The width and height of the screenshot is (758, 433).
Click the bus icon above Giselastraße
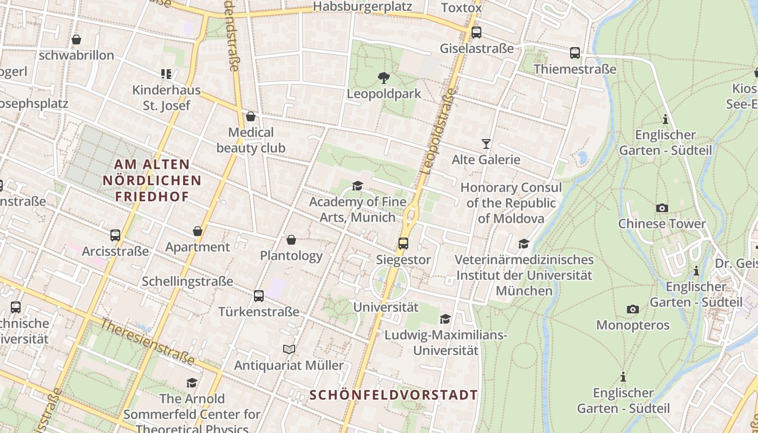[x=476, y=32]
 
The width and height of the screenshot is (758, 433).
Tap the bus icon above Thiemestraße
[x=575, y=53]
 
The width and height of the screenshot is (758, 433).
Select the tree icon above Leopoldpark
[x=384, y=78]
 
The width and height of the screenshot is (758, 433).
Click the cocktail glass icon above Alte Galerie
[x=486, y=144]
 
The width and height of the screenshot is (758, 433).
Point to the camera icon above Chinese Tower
[x=662, y=208]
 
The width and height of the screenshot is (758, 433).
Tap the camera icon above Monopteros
[x=632, y=310]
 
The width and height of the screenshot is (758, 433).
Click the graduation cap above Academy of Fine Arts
[x=357, y=186]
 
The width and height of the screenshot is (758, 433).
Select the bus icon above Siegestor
[x=403, y=244]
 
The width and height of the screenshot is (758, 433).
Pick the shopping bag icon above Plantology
[x=291, y=240]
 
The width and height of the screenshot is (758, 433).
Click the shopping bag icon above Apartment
[x=198, y=231]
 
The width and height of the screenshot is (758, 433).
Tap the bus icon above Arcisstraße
[x=115, y=235]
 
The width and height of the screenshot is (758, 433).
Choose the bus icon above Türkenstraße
[x=259, y=296]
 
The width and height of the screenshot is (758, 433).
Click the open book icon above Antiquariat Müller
[x=289, y=350]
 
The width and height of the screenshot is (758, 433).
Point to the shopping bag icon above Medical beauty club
[x=251, y=116]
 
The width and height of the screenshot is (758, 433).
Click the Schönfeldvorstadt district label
[x=394, y=395]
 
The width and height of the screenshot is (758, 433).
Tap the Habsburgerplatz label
[x=363, y=6]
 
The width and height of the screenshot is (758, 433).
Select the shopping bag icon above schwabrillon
[x=76, y=40]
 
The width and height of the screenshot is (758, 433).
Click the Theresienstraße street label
[x=147, y=342]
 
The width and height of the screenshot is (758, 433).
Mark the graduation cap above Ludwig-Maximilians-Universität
[x=446, y=319]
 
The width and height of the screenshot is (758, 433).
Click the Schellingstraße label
[x=187, y=281]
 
